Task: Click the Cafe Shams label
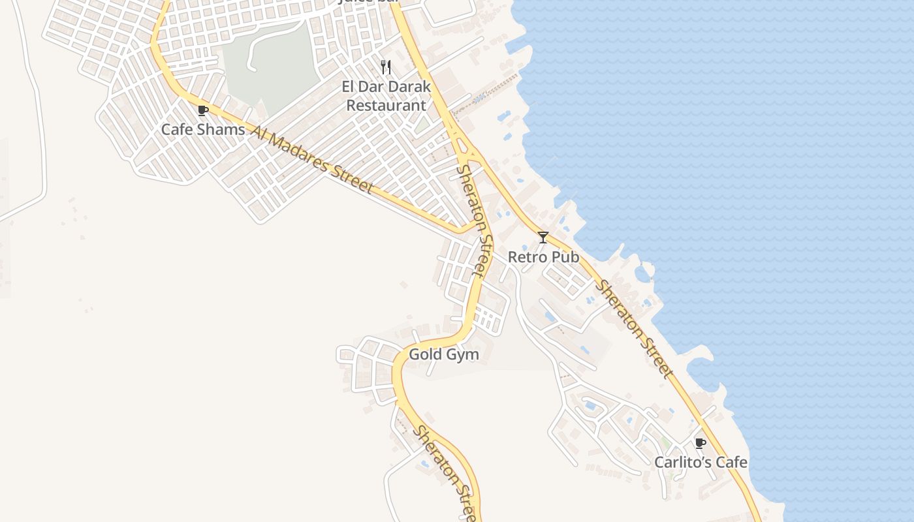pyautogui.click(x=203, y=129)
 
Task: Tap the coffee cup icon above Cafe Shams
pyautogui.click(x=202, y=110)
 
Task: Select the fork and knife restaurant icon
pyautogui.click(x=386, y=67)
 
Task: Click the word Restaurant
pyautogui.click(x=386, y=105)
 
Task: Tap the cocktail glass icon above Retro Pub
pyautogui.click(x=543, y=238)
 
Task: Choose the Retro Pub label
pyautogui.click(x=543, y=257)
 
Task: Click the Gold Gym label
pyautogui.click(x=443, y=354)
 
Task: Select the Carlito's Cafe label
pyautogui.click(x=701, y=462)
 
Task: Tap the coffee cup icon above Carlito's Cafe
pyautogui.click(x=700, y=444)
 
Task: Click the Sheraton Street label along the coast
pyautogui.click(x=634, y=330)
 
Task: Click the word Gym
pyautogui.click(x=465, y=354)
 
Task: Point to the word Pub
pyautogui.click(x=565, y=257)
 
